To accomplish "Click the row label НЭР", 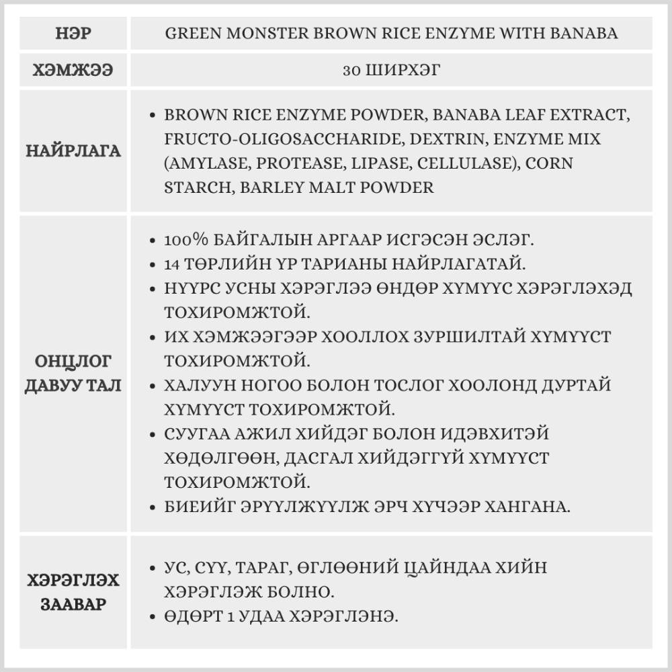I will [73, 33].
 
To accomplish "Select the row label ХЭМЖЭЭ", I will [73, 70].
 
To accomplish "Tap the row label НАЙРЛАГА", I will [73, 151].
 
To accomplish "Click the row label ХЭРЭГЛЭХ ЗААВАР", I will [73, 591].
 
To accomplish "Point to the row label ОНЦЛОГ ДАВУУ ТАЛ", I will [73, 375].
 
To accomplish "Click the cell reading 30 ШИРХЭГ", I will [391, 70].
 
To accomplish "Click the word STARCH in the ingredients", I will [194, 187].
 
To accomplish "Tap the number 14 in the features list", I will [173, 264].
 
